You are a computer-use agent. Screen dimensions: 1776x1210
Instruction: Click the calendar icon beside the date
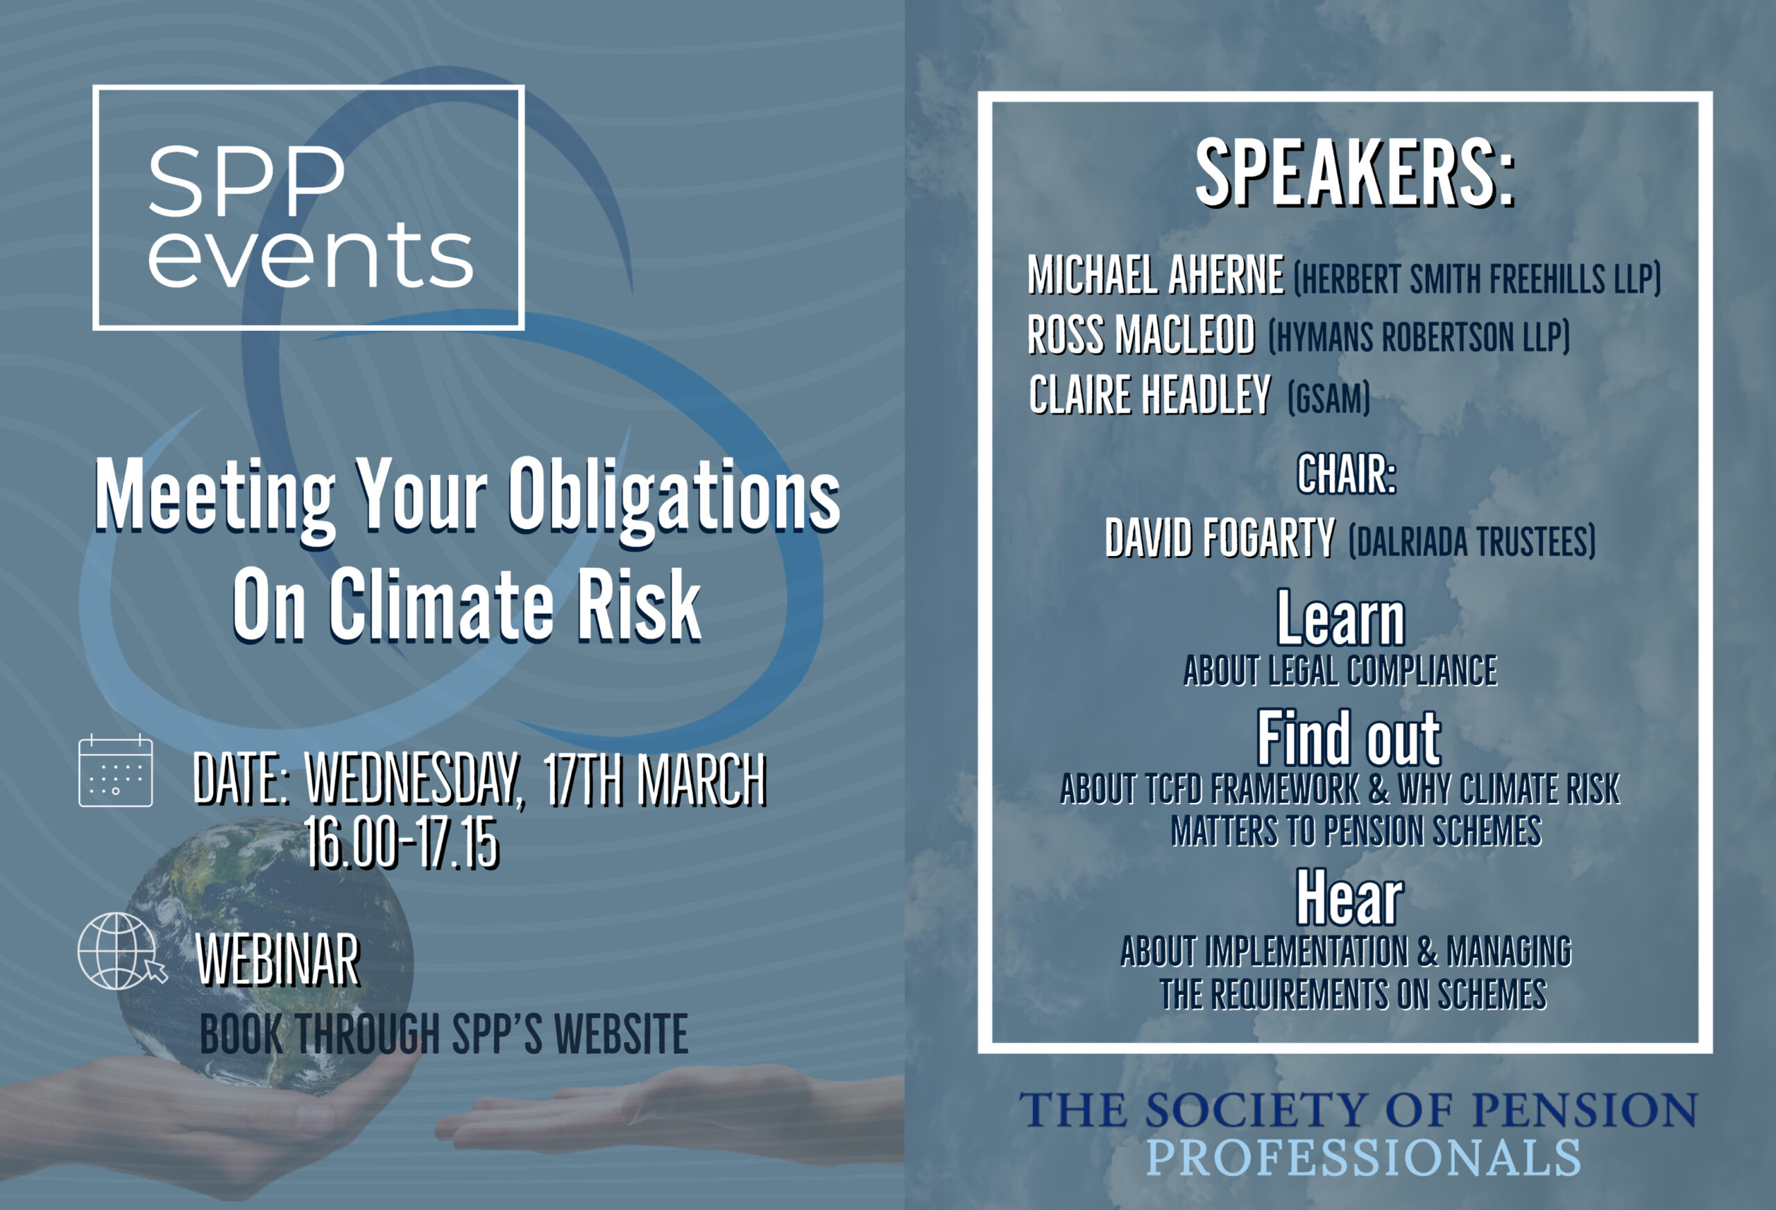(x=115, y=771)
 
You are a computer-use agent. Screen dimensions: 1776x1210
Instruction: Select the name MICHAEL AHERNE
(x=1156, y=275)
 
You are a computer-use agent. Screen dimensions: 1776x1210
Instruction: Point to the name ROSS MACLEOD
(x=1141, y=335)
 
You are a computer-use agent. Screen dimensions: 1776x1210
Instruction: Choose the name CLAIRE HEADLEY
(x=1150, y=395)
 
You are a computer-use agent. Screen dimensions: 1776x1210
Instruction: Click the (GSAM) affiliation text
(x=1328, y=398)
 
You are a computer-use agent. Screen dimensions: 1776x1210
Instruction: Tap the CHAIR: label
(x=1346, y=474)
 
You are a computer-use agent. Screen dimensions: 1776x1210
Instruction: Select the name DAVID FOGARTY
(x=1220, y=538)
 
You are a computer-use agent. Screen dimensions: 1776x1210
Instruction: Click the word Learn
(x=1341, y=619)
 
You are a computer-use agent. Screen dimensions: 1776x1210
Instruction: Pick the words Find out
(x=1349, y=738)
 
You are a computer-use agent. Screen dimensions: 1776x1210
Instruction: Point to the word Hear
(x=1349, y=897)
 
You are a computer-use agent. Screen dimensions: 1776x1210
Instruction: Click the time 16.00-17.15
(x=402, y=843)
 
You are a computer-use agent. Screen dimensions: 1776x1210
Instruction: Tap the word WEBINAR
(x=278, y=960)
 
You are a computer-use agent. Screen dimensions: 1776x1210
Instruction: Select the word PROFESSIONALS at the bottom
(x=1363, y=1158)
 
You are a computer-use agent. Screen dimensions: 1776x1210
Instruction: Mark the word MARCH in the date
(x=701, y=780)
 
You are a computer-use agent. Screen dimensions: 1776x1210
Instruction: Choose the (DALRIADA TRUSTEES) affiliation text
(x=1472, y=541)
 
